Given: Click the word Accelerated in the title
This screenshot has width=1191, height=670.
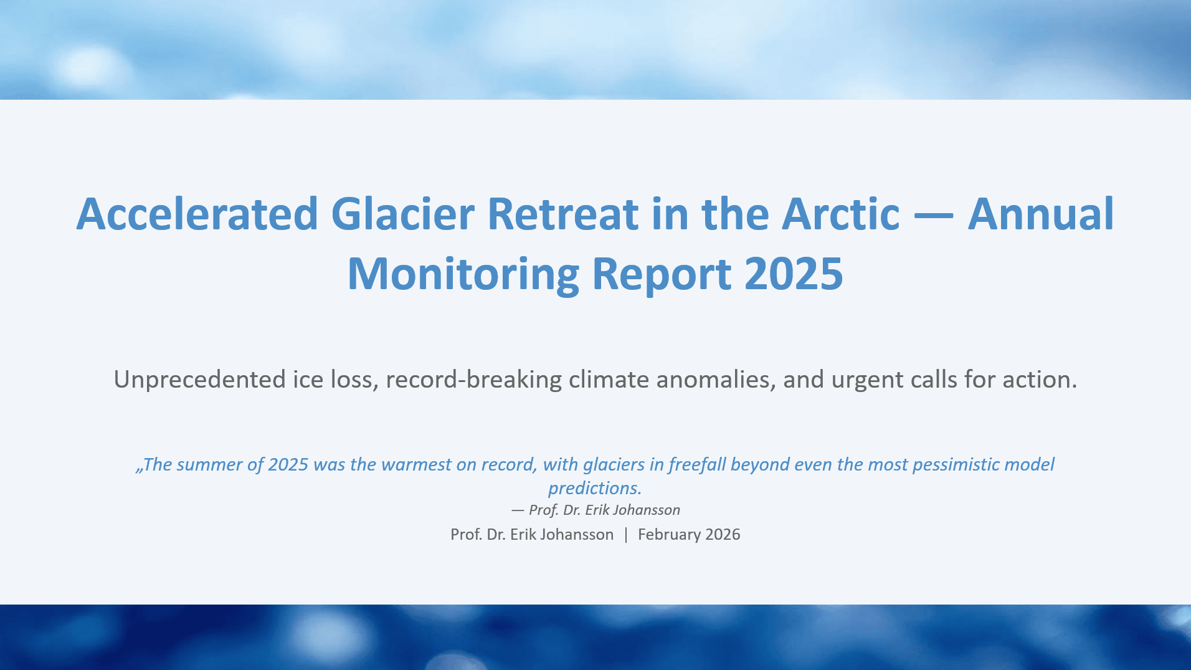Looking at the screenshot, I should (197, 214).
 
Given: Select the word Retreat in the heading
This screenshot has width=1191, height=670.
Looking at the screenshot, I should (562, 214).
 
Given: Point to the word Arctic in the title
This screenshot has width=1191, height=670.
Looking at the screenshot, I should (840, 214).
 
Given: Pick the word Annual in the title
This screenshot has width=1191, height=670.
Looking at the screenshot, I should (1040, 214).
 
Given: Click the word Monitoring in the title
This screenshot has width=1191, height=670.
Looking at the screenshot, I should (463, 274).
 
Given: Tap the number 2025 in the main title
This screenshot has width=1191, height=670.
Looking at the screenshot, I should (794, 274).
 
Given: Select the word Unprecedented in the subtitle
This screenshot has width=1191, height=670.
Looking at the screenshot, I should (199, 380).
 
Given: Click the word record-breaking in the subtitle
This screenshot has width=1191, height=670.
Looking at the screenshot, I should (473, 380).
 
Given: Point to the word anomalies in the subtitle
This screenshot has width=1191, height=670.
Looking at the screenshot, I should (716, 380).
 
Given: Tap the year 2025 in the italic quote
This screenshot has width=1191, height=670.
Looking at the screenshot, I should (288, 465).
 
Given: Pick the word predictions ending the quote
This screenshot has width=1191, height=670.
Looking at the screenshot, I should (594, 489).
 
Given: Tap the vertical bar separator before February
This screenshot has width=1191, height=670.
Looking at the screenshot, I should (626, 535).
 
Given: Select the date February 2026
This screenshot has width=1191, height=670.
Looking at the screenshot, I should (689, 535).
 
